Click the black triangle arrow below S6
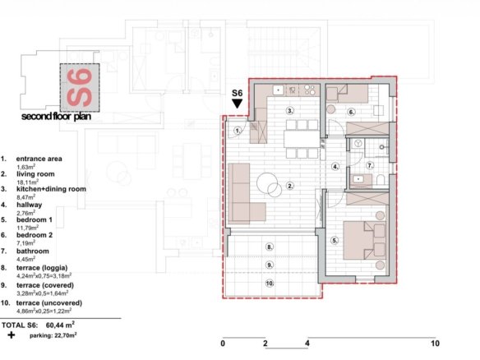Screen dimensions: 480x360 pyautogui.click(x=238, y=104)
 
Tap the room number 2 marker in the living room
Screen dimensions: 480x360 pyautogui.click(x=290, y=186)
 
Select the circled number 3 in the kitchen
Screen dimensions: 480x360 pyautogui.click(x=289, y=110)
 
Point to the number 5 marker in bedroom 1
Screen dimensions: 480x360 pyautogui.click(x=335, y=241)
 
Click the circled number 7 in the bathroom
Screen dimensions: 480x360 pyautogui.click(x=370, y=165)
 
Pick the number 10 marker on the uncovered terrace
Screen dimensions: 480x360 pyautogui.click(x=270, y=284)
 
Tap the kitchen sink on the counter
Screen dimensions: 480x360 pyautogui.click(x=279, y=90)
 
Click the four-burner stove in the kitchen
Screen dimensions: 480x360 pyautogui.click(x=309, y=90)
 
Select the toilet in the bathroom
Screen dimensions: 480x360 pyautogui.click(x=381, y=180)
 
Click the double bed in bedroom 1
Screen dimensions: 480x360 pyautogui.click(x=364, y=240)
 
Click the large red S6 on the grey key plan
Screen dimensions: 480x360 pyautogui.click(x=79, y=88)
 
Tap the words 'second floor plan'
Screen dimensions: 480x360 pyautogui.click(x=56, y=117)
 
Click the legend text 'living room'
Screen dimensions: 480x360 pyautogui.click(x=35, y=174)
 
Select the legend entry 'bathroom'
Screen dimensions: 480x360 pyautogui.click(x=33, y=252)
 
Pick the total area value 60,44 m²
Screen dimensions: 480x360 pyautogui.click(x=60, y=325)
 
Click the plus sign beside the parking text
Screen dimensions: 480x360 pyautogui.click(x=12, y=335)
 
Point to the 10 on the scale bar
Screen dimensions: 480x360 pyautogui.click(x=435, y=344)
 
